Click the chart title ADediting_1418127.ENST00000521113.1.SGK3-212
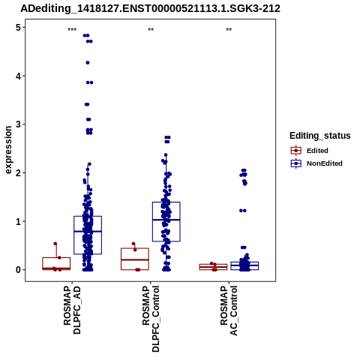point(150,9)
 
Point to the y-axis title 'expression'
point(8,150)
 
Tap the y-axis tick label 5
point(18,28)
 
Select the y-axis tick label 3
point(18,124)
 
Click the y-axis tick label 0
point(18,270)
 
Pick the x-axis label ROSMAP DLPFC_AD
point(72,310)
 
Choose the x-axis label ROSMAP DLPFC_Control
point(151,319)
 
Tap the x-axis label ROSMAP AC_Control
point(229,310)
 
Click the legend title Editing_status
point(320,136)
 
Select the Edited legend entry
point(309,151)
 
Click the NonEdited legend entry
point(316,163)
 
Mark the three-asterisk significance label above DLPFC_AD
point(72,30)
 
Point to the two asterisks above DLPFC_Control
point(151,30)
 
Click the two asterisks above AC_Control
point(229,30)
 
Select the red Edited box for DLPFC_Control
point(135,248)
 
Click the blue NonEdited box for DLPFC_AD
point(74,235)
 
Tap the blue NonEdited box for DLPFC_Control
point(153,221)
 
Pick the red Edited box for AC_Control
point(213,264)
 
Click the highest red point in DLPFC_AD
point(55,244)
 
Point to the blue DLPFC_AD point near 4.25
point(88,63)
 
